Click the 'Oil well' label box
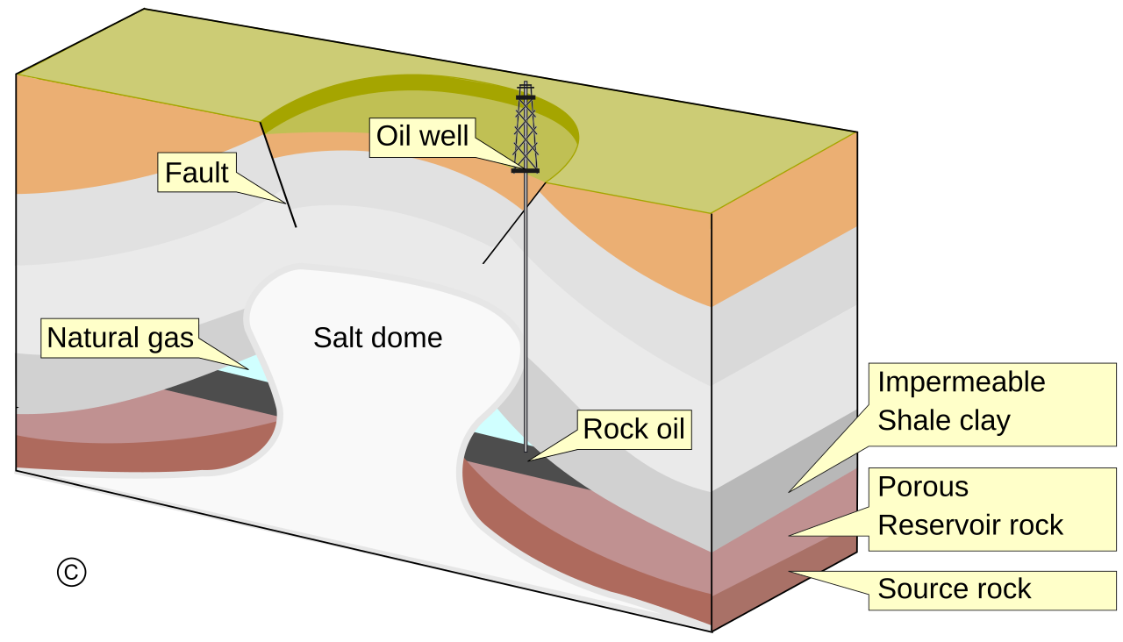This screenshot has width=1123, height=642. click(422, 137)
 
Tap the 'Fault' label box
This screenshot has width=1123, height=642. click(197, 173)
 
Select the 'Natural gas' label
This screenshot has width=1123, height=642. click(120, 338)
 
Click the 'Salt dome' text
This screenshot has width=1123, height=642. click(378, 338)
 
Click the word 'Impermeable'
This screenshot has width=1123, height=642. click(962, 382)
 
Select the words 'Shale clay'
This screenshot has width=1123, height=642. click(944, 420)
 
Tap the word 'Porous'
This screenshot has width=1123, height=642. click(923, 487)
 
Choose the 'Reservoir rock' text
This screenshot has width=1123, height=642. click(970, 524)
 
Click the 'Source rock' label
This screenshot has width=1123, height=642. click(955, 588)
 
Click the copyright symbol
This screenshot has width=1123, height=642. click(72, 572)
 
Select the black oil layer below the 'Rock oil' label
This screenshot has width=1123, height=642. click(526, 465)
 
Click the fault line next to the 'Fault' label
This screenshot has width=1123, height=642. click(279, 175)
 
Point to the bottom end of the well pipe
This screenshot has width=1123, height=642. click(526, 450)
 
